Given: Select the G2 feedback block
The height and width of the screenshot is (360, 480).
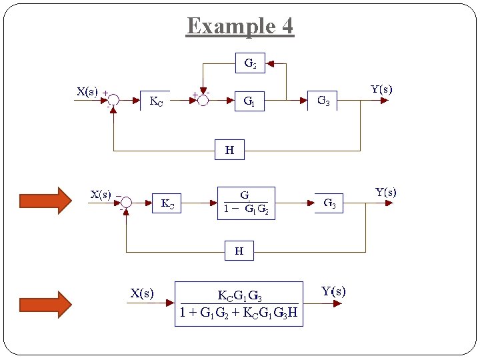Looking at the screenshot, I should click(250, 63).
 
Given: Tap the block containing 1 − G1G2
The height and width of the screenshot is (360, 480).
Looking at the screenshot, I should click(246, 203).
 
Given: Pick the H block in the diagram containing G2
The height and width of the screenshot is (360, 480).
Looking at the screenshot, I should click(229, 150).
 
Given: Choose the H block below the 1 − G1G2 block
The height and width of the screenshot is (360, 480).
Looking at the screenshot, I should click(239, 251).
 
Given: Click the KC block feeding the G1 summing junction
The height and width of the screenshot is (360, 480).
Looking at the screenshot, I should click(155, 101).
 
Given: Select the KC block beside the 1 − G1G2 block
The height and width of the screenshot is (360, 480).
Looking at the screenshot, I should click(167, 203).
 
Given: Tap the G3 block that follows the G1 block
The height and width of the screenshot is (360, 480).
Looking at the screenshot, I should click(323, 101).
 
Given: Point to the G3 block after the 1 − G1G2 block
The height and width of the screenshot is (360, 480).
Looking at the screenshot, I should click(329, 203).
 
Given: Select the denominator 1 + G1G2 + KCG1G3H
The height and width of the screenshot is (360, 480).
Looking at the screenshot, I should click(239, 312).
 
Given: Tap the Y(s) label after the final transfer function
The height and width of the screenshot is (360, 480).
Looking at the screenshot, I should click(333, 291).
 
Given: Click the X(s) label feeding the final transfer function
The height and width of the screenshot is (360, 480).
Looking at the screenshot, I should click(142, 293).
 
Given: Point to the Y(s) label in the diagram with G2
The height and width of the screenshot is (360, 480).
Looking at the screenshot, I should click(381, 89).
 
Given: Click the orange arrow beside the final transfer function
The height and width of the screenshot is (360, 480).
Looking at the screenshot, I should click(45, 304).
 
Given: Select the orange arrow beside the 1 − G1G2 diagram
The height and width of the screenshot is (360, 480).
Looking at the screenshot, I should click(45, 201).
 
